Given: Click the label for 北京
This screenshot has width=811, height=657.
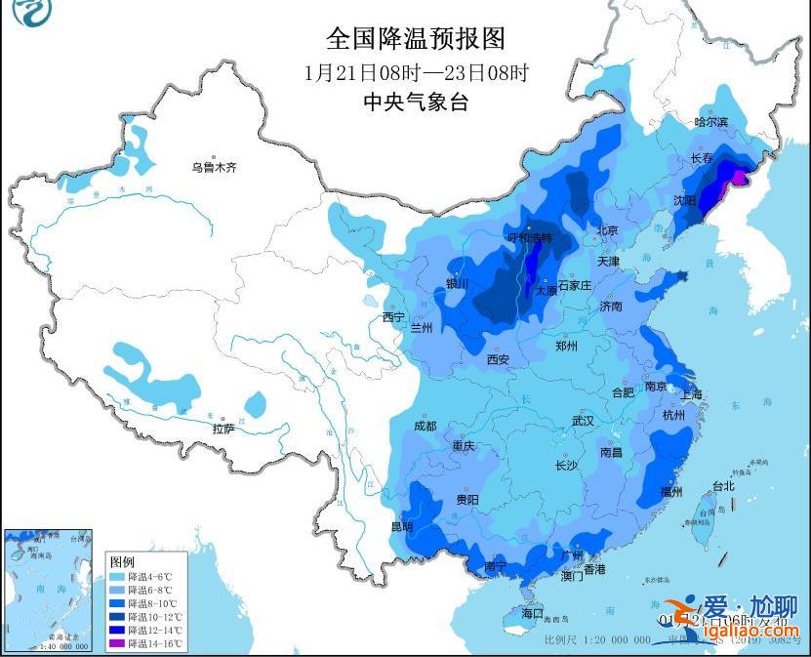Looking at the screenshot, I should coord(607,230).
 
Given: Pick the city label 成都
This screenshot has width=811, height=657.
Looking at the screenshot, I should coord(425,426).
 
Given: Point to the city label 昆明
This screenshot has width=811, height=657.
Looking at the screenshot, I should coord(401,527).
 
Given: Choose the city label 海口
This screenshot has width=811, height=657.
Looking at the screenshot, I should coord(532,614).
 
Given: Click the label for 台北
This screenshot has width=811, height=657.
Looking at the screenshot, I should coord(722,485).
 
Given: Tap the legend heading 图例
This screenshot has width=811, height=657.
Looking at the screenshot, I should coord(122,561).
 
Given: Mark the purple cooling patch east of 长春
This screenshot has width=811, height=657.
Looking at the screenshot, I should coord(740,177).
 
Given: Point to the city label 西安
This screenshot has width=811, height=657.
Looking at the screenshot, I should coord(498,359).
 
